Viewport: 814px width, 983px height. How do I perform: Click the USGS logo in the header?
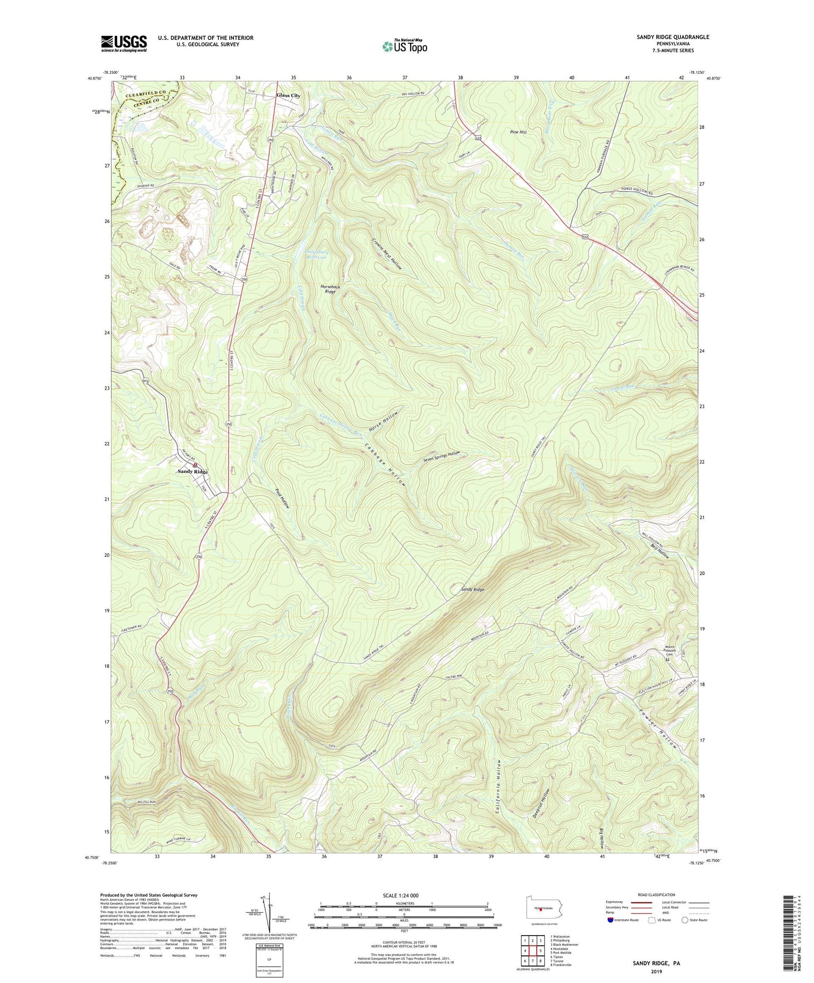124,43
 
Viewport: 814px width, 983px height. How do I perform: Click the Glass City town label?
288,95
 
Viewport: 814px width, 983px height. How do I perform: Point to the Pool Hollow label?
282,498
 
